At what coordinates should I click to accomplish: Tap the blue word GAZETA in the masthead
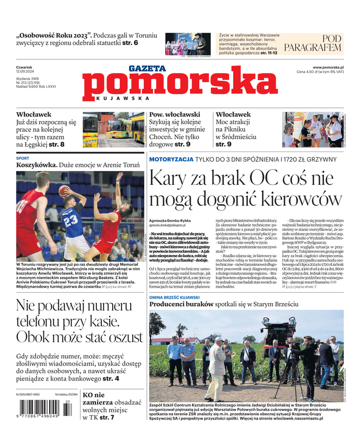pos(147,69)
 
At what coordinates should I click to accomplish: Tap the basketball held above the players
pos(64,190)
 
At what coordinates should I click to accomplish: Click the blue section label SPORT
pos(23,158)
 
